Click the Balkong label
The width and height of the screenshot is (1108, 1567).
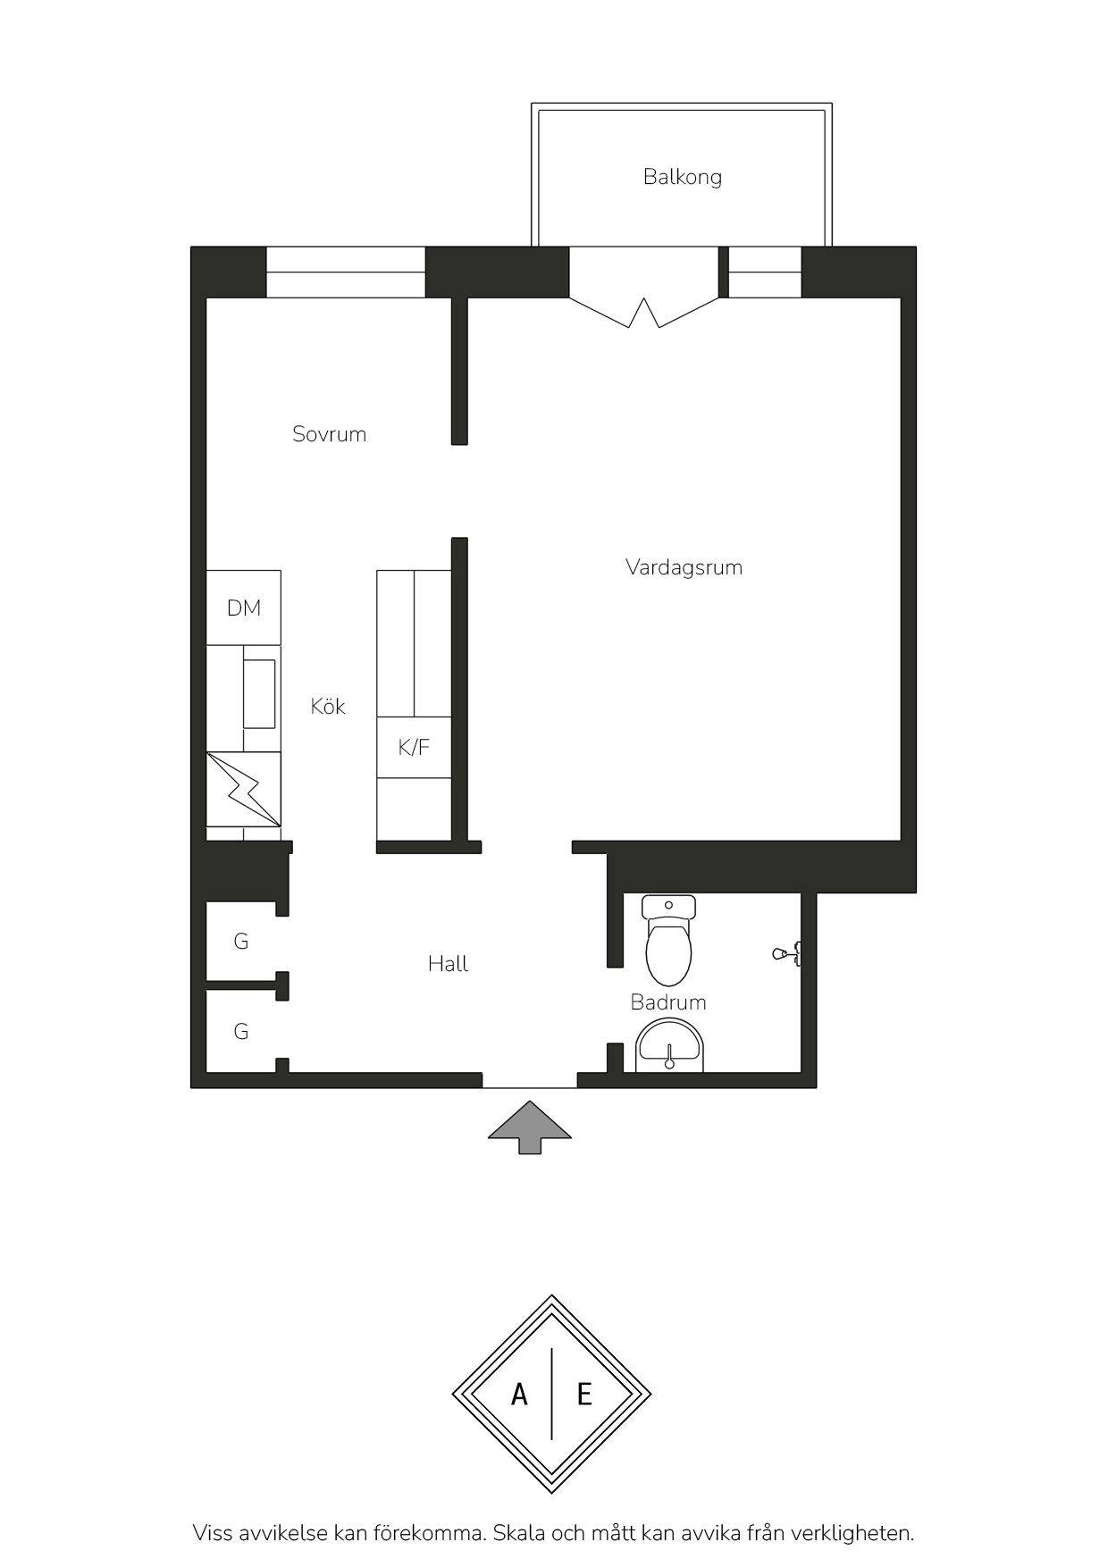coord(682,177)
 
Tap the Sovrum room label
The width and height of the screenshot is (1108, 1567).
coord(329,434)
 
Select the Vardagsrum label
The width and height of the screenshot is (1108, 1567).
coord(684,567)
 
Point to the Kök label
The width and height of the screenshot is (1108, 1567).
coord(328,706)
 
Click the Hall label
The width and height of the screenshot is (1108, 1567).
coord(448,963)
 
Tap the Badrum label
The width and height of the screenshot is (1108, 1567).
coord(668,1002)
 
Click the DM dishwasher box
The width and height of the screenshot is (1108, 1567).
coord(244,608)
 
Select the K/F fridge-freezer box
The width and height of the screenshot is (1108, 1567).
coord(414,747)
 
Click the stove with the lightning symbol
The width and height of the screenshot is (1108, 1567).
coord(244,789)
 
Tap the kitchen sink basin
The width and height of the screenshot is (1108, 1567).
coord(260,694)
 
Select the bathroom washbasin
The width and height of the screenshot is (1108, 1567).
coord(670,1047)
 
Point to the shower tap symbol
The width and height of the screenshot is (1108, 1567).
coord(787,954)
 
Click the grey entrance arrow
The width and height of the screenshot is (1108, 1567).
coord(529,1127)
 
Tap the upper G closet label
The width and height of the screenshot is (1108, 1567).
coord(240,941)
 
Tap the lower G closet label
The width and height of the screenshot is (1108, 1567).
coord(240,1031)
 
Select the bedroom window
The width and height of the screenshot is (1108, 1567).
coord(346,272)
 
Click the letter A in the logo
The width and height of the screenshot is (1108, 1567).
coord(519,1394)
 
